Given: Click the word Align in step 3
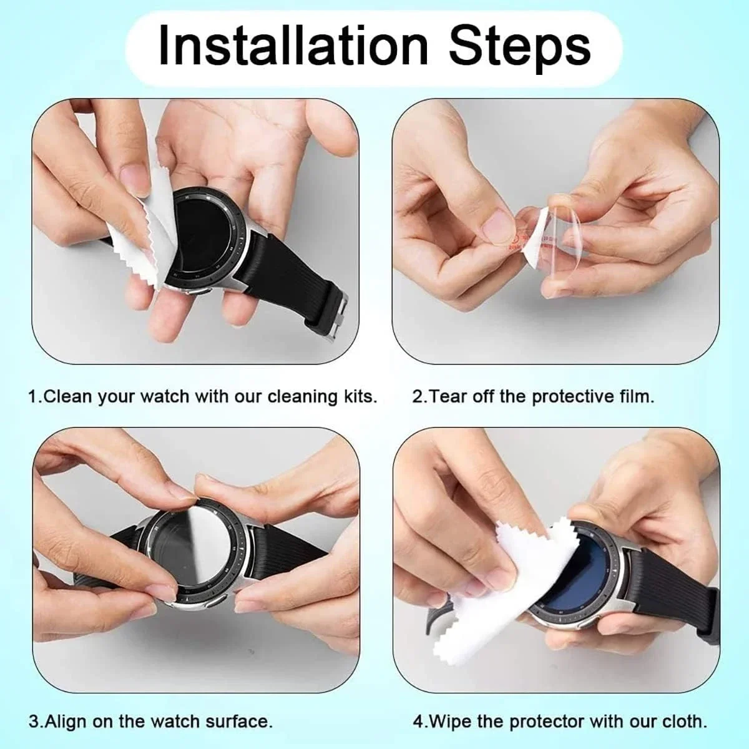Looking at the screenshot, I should click(66, 723).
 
